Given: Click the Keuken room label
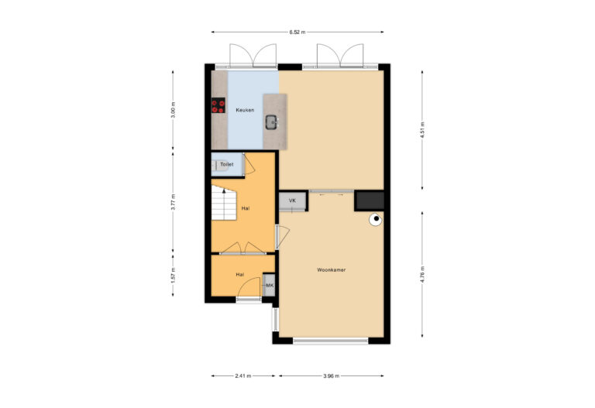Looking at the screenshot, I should click(245, 111).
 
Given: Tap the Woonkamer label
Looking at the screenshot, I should click(331, 270).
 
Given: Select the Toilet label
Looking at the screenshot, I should click(226, 165).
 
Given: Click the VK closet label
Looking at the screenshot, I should click(292, 201).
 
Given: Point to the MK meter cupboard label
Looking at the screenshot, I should click(270, 286).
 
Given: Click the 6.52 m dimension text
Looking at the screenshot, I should click(297, 33).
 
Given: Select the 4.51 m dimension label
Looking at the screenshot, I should click(421, 129).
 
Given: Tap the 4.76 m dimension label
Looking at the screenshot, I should click(421, 276).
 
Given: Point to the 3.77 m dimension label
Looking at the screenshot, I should click(174, 202).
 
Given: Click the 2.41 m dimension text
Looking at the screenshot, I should click(242, 377).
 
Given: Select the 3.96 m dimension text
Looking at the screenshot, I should click(332, 377).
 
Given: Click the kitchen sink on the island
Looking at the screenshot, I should click(272, 122).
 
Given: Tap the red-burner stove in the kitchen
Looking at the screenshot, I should click(218, 106).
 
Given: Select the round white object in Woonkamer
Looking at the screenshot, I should click(376, 219).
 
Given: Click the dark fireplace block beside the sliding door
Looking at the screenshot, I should click(370, 201).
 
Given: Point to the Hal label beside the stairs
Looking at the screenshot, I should click(245, 208).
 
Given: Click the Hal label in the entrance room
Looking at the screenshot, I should click(240, 275).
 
